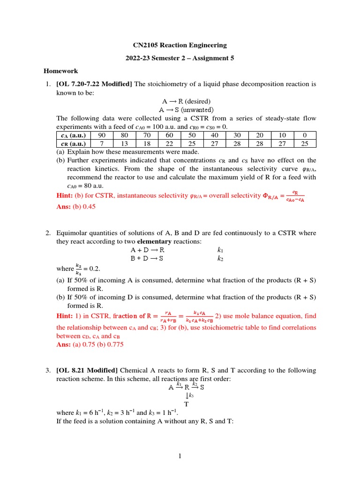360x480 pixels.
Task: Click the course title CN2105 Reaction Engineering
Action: tap(180, 45)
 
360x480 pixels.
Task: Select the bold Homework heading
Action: tap(61, 71)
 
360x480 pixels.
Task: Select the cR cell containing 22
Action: tap(169, 144)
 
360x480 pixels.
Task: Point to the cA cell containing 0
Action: tap(305, 135)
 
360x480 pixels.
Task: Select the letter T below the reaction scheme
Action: tap(186, 404)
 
